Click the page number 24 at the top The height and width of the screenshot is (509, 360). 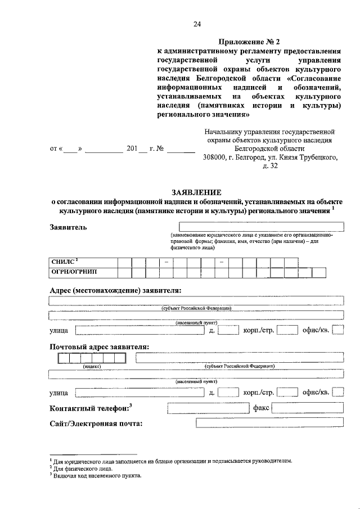point(196,24)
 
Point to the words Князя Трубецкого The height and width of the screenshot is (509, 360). point(309,157)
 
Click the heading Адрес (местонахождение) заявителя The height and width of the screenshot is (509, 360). point(115,290)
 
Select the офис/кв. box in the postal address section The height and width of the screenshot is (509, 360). point(337,392)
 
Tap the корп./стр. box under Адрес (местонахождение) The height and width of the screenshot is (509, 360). point(287,330)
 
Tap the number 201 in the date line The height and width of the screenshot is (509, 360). point(133,149)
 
